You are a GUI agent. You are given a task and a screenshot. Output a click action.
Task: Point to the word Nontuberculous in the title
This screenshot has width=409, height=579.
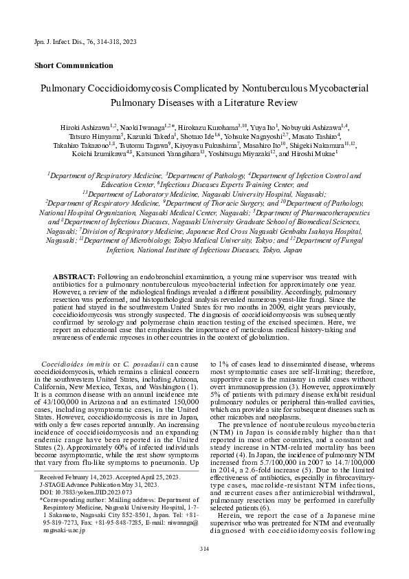(x=246, y=89)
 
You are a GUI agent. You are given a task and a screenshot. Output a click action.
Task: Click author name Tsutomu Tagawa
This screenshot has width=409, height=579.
(x=142, y=145)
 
